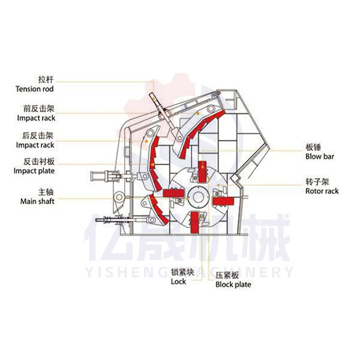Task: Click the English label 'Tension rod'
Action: pyautogui.click(x=35, y=89)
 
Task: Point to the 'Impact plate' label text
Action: pyautogui.click(x=35, y=171)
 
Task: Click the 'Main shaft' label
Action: pyautogui.click(x=38, y=202)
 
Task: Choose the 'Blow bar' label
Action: pyautogui.click(x=319, y=157)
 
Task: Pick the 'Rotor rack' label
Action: pyautogui.click(x=322, y=191)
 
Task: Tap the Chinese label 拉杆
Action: pyautogui.click(x=46, y=79)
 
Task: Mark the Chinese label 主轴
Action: pyautogui.click(x=46, y=192)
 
